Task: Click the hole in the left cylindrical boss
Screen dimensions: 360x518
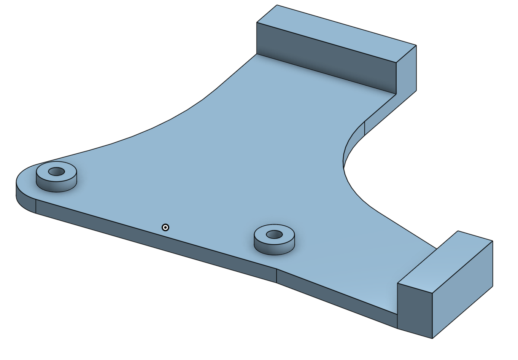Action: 56,172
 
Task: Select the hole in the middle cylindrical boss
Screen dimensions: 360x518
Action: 274,234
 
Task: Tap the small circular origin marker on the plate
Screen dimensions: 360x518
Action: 165,228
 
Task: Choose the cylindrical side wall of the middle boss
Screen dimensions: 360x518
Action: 274,248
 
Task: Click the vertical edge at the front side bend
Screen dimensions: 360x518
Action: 276,276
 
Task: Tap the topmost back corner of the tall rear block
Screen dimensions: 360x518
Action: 277,5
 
